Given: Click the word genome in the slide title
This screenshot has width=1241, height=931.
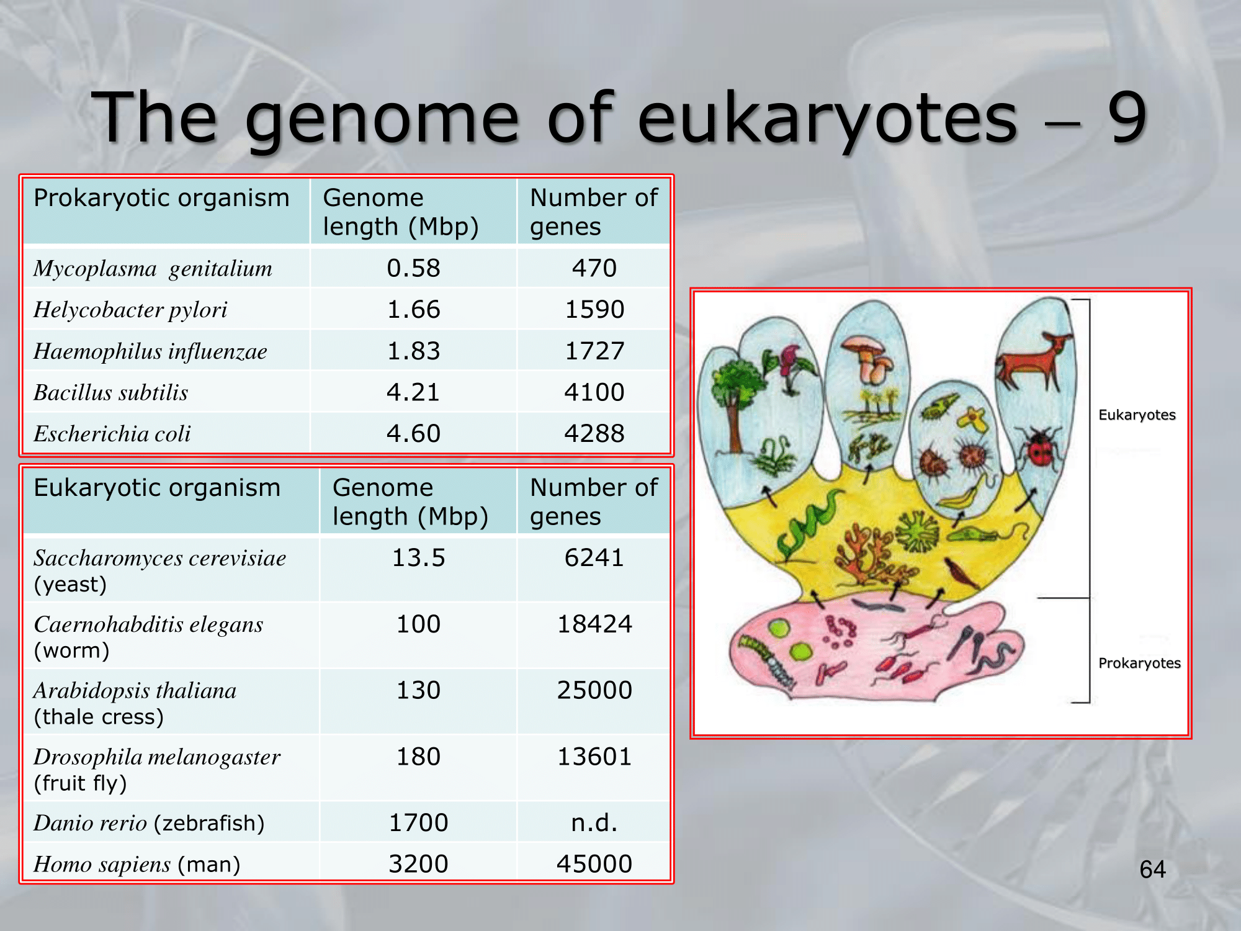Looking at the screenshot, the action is [x=382, y=118].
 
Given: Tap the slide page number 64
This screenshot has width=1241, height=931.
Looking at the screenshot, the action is [x=1152, y=870].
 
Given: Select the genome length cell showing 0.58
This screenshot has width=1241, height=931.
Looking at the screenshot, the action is [x=413, y=268].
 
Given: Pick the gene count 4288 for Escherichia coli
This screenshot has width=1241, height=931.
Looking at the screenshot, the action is [x=594, y=433].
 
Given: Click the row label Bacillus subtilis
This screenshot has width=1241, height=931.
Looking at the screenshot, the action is [x=111, y=392].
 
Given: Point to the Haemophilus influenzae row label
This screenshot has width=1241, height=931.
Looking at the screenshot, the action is [x=150, y=351].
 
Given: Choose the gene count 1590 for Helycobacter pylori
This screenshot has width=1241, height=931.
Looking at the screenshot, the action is [x=594, y=309].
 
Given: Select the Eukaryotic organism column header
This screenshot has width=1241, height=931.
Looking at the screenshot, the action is [x=157, y=488].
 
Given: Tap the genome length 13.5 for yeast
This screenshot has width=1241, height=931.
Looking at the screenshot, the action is [x=418, y=557].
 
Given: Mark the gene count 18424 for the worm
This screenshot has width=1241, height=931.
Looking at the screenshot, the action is [x=594, y=624].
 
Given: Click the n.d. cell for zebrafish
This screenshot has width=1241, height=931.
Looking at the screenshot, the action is [x=594, y=822].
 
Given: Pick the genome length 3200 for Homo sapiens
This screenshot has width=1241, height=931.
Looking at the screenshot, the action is [x=418, y=863].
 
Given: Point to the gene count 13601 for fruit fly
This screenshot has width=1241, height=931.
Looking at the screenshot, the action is [x=594, y=757].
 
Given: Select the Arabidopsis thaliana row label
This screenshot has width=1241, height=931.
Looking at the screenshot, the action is [x=135, y=691].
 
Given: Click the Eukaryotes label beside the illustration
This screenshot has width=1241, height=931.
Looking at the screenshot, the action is [x=1137, y=415].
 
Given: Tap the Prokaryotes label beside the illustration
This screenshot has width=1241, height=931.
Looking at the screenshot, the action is [x=1139, y=663].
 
